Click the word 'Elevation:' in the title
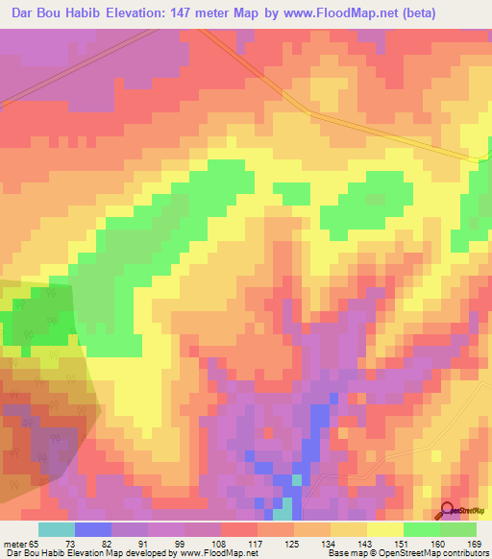pos(145,13)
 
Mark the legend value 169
pos(475,545)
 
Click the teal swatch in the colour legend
pos(56,529)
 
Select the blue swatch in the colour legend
pos(92,529)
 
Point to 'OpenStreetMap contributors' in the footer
pos(443,554)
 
